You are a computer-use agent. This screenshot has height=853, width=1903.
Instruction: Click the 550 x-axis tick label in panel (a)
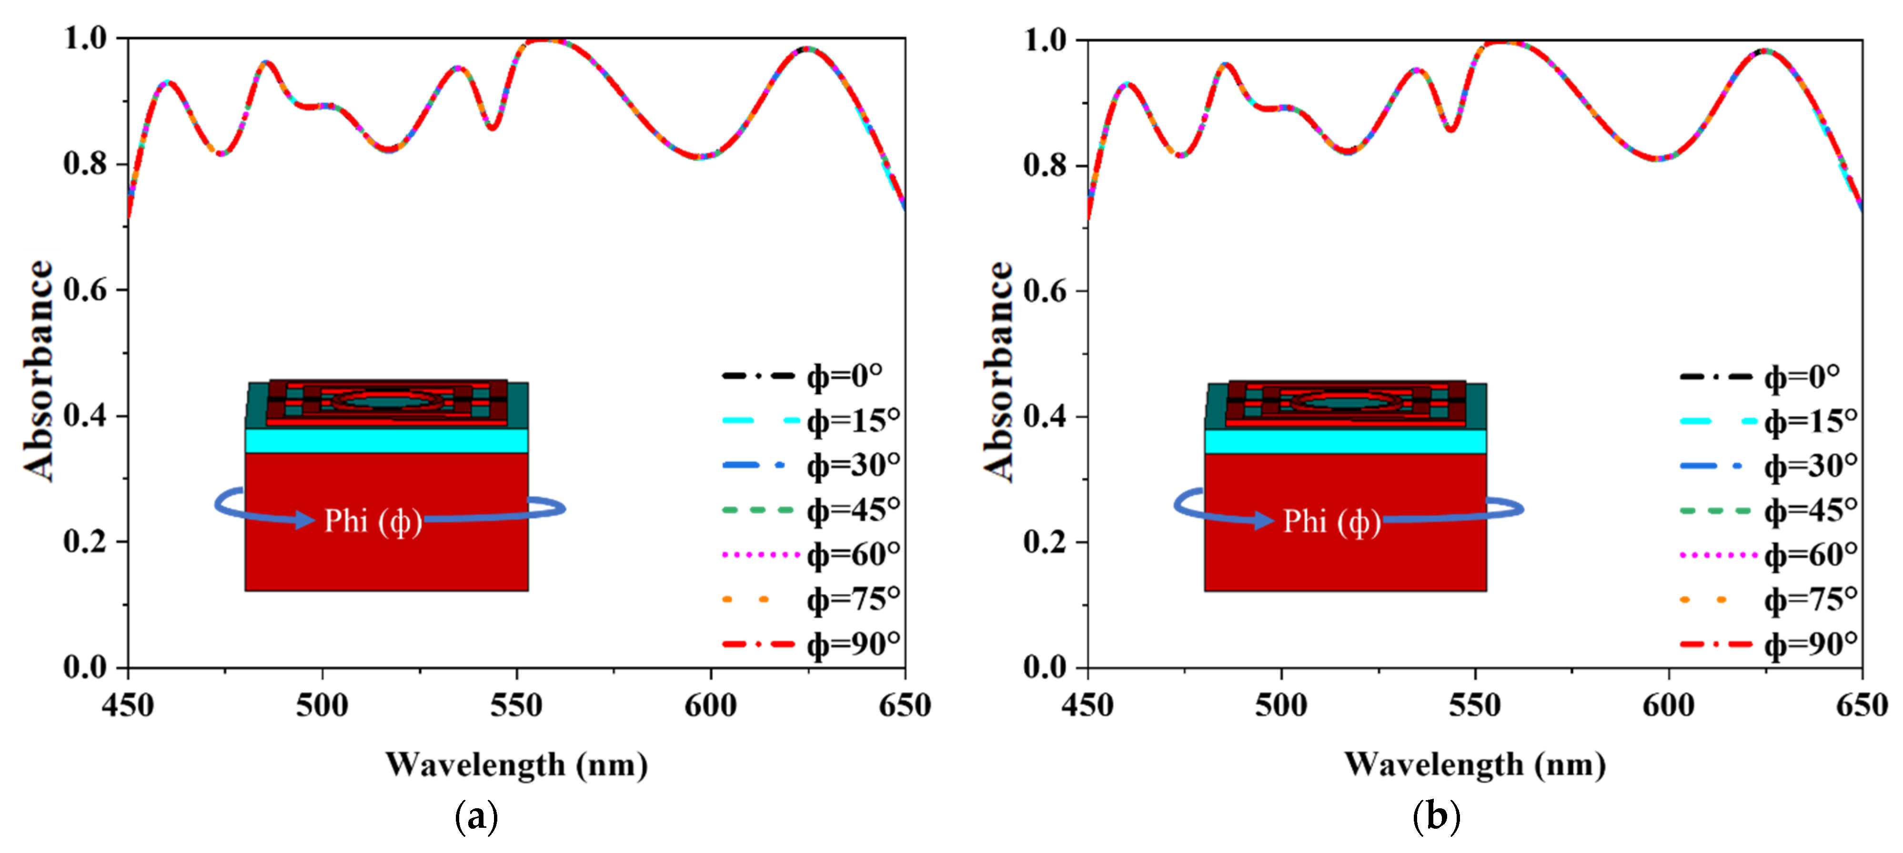(516, 705)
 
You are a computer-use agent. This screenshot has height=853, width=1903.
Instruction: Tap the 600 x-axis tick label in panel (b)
(1669, 705)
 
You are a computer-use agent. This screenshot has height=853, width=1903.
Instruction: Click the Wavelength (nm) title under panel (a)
(516, 764)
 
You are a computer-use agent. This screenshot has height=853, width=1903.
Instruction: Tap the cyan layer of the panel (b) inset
(1345, 441)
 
